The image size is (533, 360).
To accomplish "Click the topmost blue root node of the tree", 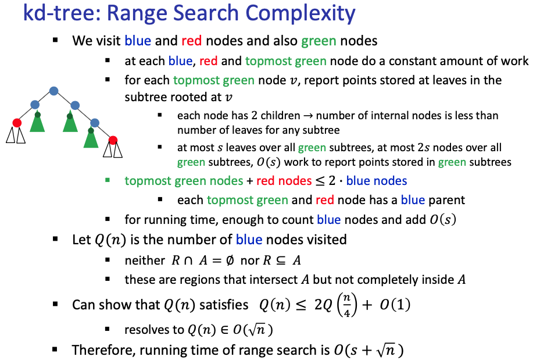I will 54,91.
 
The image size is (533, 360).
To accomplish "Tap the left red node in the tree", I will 17,123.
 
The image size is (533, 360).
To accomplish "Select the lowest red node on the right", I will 113,140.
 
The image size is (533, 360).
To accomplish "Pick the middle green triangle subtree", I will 71,122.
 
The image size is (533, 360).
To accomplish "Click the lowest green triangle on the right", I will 91,138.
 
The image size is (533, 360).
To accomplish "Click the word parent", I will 446,200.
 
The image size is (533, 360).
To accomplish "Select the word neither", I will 145,261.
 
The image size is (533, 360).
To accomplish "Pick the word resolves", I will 148,330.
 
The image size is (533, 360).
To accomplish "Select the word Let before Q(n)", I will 81,239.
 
